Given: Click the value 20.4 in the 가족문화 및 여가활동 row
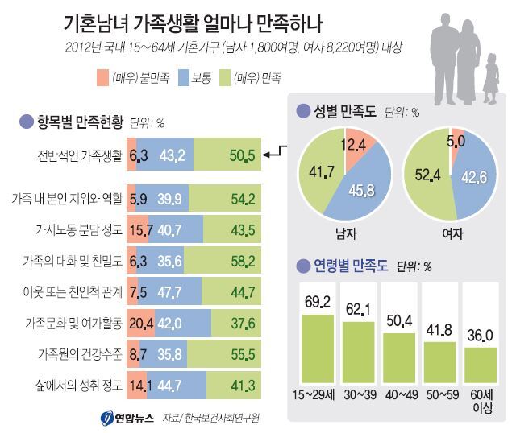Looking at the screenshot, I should tap(139, 324).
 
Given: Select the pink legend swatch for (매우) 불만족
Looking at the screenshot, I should tap(102, 77).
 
